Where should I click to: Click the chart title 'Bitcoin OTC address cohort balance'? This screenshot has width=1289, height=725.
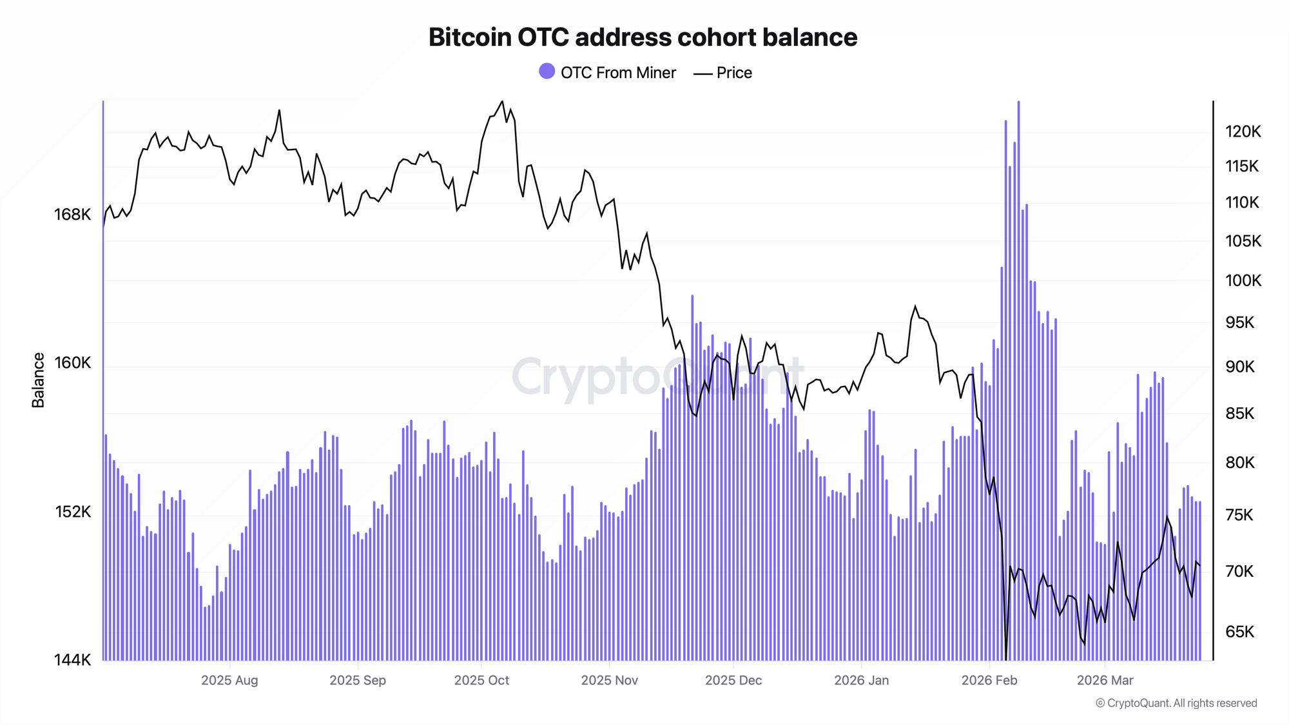(643, 37)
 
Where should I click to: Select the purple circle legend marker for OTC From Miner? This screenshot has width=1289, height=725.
(547, 72)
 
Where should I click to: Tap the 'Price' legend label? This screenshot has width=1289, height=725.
(734, 73)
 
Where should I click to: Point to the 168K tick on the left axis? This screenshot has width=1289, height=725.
(72, 215)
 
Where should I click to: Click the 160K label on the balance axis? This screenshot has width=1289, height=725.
(72, 363)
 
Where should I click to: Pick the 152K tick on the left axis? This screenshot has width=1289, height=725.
(72, 512)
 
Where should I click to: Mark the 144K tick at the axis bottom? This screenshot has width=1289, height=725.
(72, 660)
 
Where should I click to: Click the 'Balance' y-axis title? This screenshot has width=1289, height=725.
(38, 380)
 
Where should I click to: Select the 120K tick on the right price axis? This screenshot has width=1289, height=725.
(1243, 132)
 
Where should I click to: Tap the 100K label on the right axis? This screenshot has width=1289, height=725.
(1243, 281)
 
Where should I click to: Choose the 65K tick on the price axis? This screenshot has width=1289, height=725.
(1240, 632)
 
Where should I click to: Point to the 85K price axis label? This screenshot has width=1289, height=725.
(1240, 413)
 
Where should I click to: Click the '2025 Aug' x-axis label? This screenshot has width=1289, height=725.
(229, 681)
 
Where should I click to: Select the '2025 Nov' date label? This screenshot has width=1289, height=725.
(609, 681)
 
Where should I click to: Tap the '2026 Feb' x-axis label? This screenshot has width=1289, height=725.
(989, 681)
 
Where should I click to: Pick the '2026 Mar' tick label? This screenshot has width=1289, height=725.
(1105, 681)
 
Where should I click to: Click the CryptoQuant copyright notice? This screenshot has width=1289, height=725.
(1176, 703)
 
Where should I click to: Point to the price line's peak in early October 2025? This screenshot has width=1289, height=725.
(502, 101)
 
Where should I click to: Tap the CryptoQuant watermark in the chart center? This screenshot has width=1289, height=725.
(657, 377)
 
